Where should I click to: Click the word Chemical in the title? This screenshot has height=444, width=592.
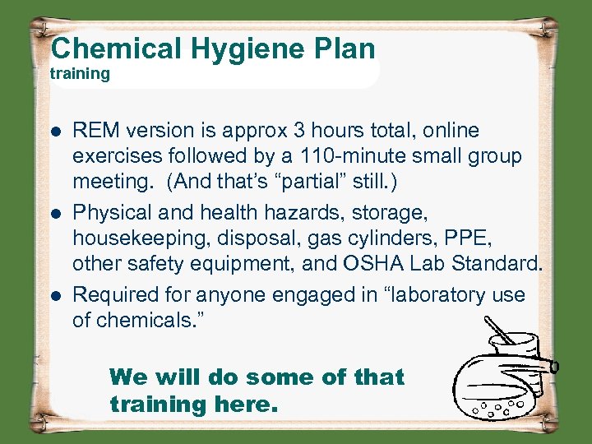118,49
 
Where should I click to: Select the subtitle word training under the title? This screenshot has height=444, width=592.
80,74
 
